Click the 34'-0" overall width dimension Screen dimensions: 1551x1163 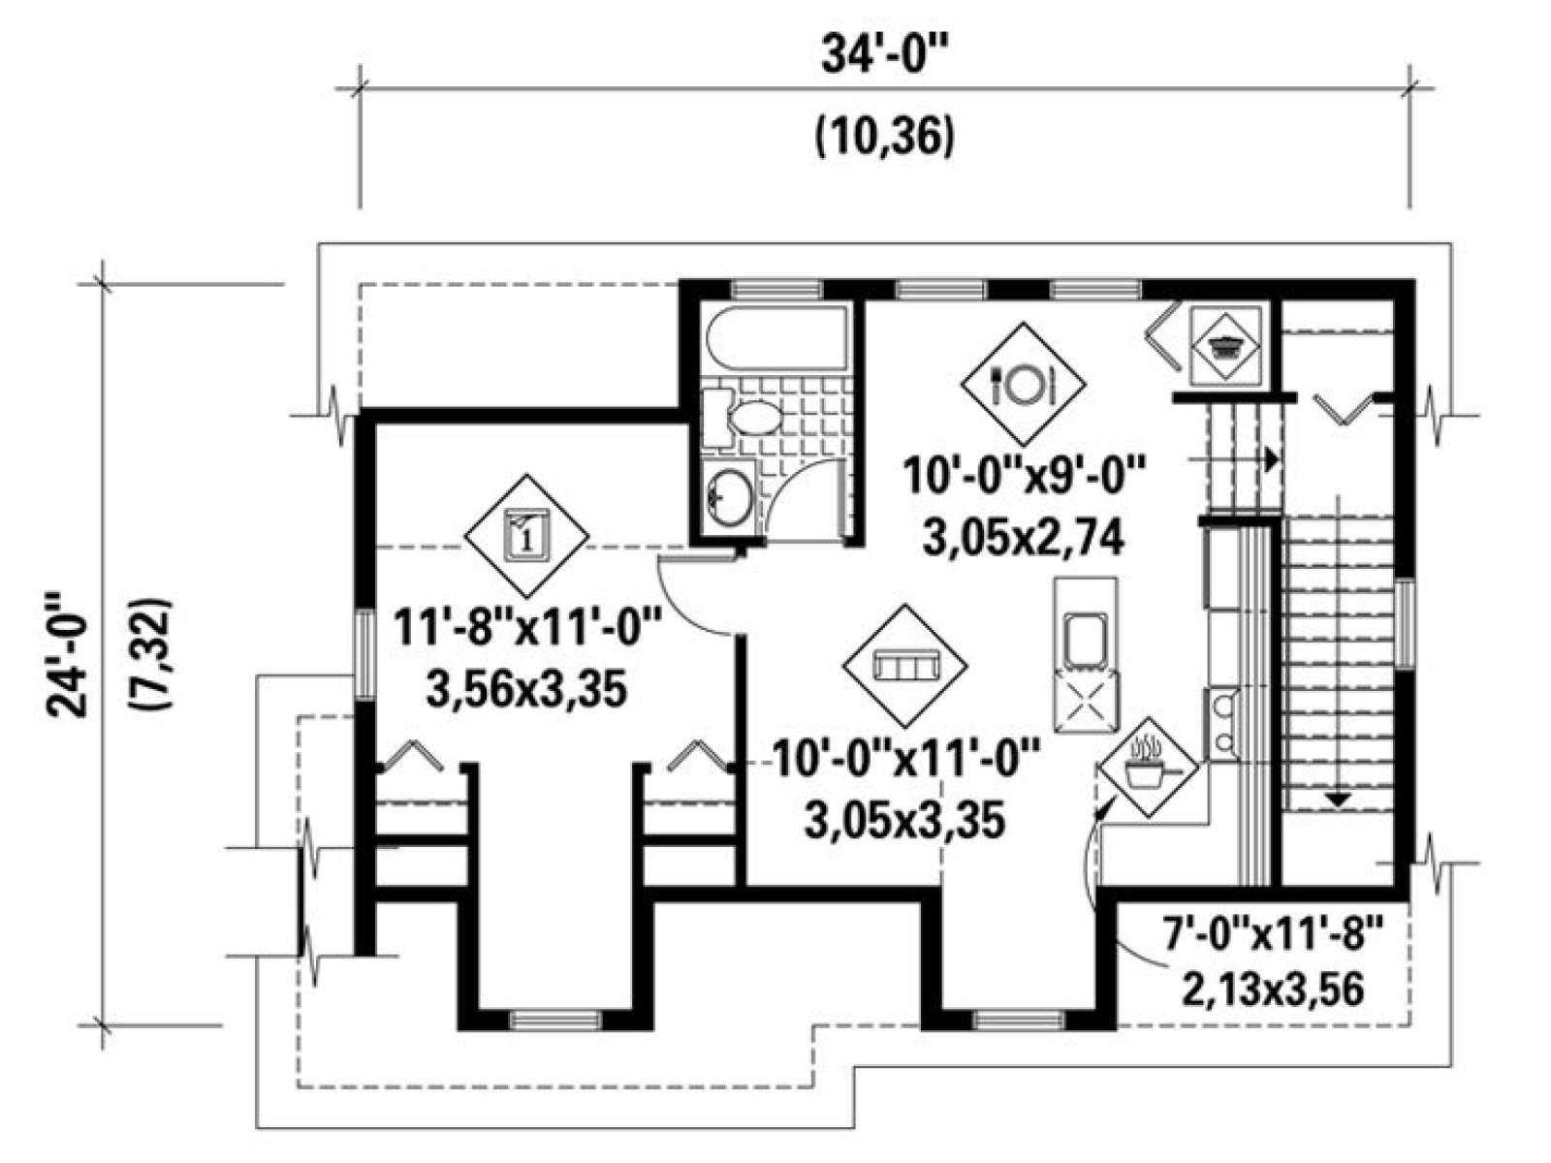[885, 57]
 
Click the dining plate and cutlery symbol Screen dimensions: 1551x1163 [1023, 384]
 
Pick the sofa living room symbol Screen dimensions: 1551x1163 [905, 666]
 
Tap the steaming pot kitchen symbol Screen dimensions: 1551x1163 [1149, 768]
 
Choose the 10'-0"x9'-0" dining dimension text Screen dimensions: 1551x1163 [1023, 475]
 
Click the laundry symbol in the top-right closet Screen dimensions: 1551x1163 [1226, 345]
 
